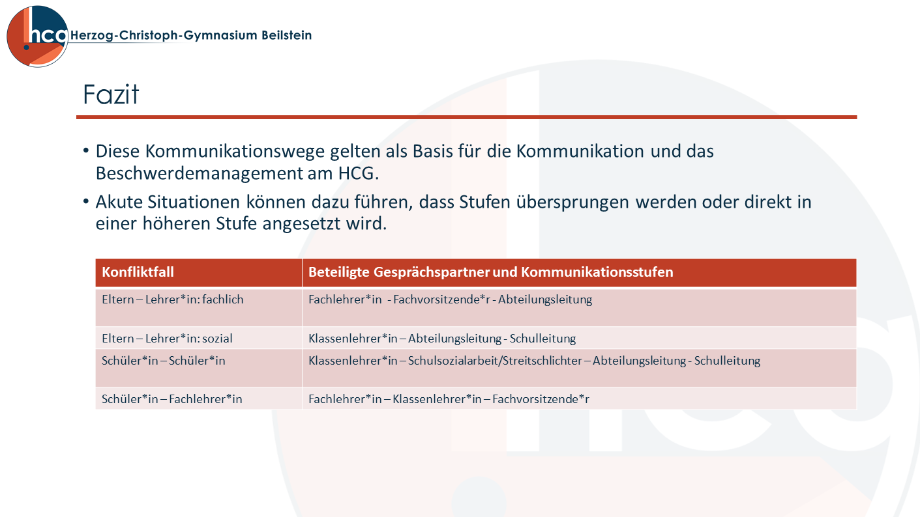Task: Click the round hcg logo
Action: coord(37,36)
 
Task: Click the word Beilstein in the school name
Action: coord(287,35)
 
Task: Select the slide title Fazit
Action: coord(111,94)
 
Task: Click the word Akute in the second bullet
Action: coord(119,202)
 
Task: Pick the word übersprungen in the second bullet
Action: coord(572,203)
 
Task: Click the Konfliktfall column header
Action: coord(138,272)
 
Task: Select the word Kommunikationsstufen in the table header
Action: coord(597,272)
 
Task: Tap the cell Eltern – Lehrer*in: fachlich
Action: coord(173,300)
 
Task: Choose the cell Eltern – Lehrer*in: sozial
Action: coord(167,339)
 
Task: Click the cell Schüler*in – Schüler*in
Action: coord(164,361)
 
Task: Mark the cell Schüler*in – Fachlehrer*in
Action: coord(171,399)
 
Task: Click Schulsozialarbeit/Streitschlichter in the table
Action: coord(495,361)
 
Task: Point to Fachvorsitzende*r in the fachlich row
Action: coord(442,300)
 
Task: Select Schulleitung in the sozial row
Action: coord(542,339)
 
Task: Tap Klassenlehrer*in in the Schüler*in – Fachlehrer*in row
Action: coord(437,399)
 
